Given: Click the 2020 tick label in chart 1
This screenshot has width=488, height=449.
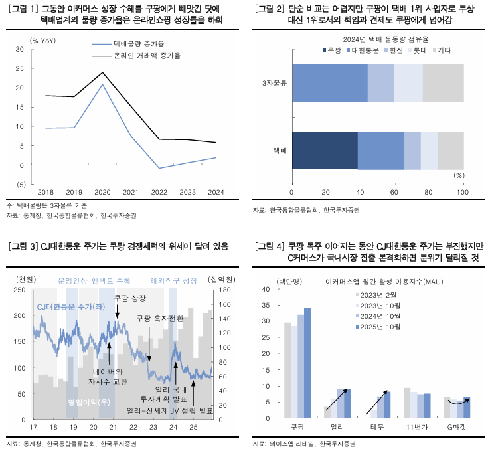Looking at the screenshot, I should coord(102,193).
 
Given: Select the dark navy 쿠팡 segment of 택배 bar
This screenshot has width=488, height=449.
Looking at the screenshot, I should coord(325,150).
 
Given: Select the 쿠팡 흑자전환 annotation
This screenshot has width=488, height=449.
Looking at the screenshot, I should coord(159,318).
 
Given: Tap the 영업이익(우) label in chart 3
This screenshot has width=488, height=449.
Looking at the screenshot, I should coord(89,403).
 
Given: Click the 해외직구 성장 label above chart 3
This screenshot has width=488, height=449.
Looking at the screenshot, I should coord(174,280).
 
